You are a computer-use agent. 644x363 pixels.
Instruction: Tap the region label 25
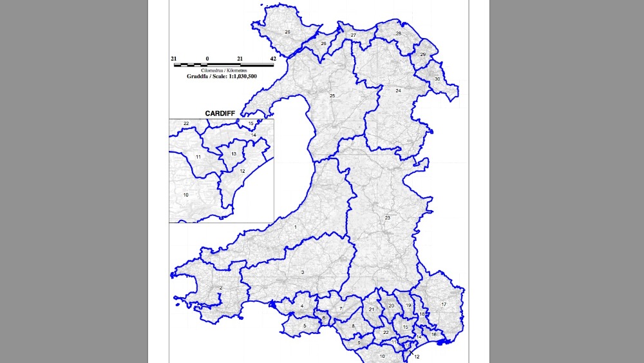(333, 96)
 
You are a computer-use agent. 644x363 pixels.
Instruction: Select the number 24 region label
(398, 91)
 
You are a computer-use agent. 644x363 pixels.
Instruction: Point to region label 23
(388, 218)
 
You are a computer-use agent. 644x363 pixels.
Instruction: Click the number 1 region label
(296, 228)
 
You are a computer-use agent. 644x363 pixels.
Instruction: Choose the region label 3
(302, 273)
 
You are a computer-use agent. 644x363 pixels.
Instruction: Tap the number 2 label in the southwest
(221, 288)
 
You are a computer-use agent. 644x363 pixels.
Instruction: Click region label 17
(444, 304)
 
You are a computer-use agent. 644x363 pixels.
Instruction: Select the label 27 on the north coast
(354, 35)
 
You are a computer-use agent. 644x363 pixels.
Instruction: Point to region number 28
(399, 34)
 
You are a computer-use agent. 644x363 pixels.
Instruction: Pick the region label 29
(423, 55)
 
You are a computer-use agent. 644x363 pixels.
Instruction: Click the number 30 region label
(437, 79)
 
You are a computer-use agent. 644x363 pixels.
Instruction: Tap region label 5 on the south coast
(305, 326)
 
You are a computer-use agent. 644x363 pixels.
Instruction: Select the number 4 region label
(301, 306)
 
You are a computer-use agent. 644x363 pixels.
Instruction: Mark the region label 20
(391, 306)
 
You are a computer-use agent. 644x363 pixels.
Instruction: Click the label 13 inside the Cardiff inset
(234, 154)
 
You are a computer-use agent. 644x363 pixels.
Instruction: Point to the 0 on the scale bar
(207, 59)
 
